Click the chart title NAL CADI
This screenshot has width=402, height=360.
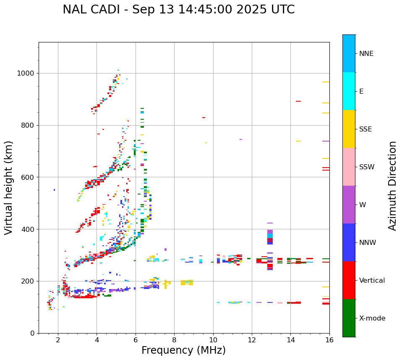coord(178,10)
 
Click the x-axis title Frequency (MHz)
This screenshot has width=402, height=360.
coord(183,350)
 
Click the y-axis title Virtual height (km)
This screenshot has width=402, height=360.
coord(9,187)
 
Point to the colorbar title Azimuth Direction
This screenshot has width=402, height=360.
coord(392,186)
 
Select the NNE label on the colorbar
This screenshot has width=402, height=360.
coord(366,54)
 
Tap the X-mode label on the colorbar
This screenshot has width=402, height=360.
coord(372,318)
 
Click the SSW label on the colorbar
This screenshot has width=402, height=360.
coord(367,167)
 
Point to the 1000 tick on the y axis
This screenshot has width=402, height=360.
coord(26,74)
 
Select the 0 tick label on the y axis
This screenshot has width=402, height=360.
coord(33,333)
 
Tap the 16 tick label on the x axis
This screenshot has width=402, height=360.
coord(329,340)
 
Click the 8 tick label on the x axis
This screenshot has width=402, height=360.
coord(174,340)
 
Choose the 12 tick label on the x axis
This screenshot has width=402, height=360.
coord(252,340)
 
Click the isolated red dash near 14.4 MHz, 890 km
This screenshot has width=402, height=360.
coord(298,101)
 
